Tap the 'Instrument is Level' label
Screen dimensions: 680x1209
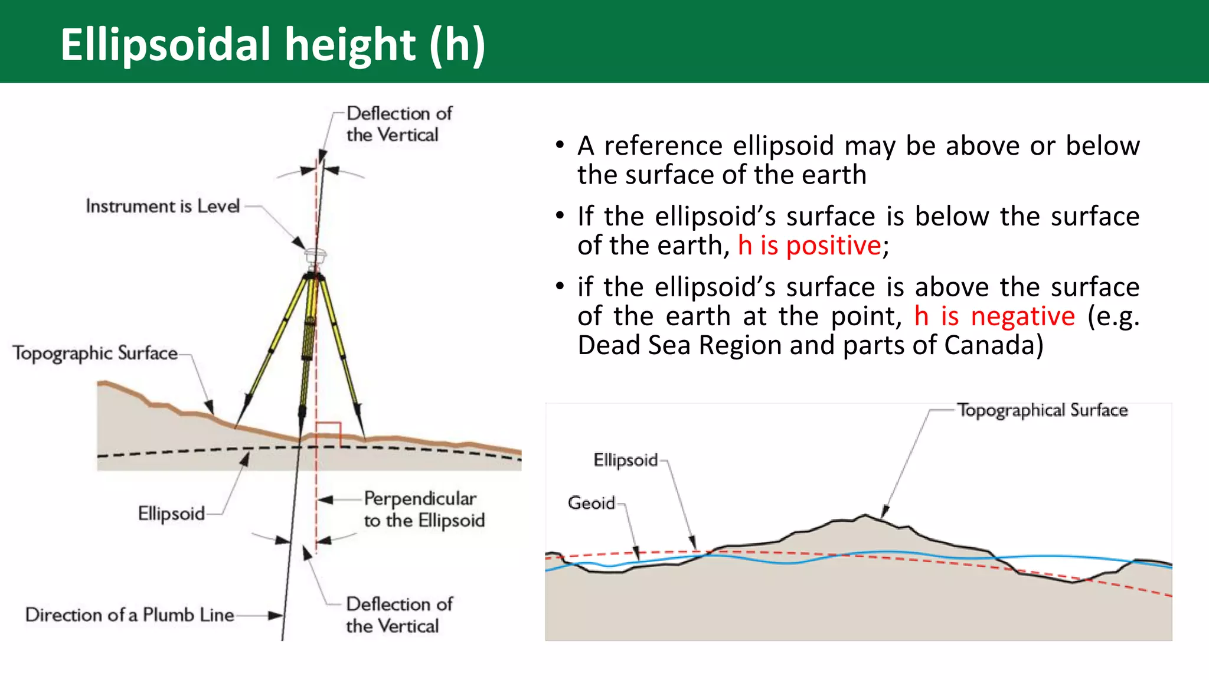pyautogui.click(x=162, y=206)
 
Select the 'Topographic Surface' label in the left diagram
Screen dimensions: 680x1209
pyautogui.click(x=95, y=353)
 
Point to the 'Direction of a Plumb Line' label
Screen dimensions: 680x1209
pyautogui.click(x=129, y=615)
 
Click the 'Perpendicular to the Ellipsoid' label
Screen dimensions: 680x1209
pyautogui.click(x=424, y=509)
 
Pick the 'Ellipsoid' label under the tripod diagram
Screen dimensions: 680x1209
pyautogui.click(x=171, y=514)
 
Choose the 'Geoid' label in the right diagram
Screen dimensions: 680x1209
pyautogui.click(x=591, y=503)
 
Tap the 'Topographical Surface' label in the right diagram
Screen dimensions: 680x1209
pyautogui.click(x=1042, y=410)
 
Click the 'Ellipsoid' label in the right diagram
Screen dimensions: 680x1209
pyautogui.click(x=625, y=460)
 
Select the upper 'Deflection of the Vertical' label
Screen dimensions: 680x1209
pyautogui.click(x=398, y=124)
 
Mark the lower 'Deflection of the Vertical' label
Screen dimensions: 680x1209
pyautogui.click(x=398, y=615)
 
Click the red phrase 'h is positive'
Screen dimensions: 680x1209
pyautogui.click(x=809, y=246)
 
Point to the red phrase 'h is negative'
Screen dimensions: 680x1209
pyautogui.click(x=995, y=316)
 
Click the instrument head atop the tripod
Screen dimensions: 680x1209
pyautogui.click(x=315, y=257)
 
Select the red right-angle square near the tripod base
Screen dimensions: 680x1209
pyautogui.click(x=328, y=434)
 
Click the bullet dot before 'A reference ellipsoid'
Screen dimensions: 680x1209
pyautogui.click(x=560, y=145)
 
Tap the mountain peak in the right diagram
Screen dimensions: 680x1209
pyautogui.click(x=865, y=515)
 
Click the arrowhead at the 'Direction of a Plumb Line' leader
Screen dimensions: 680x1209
pyautogui.click(x=276, y=616)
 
